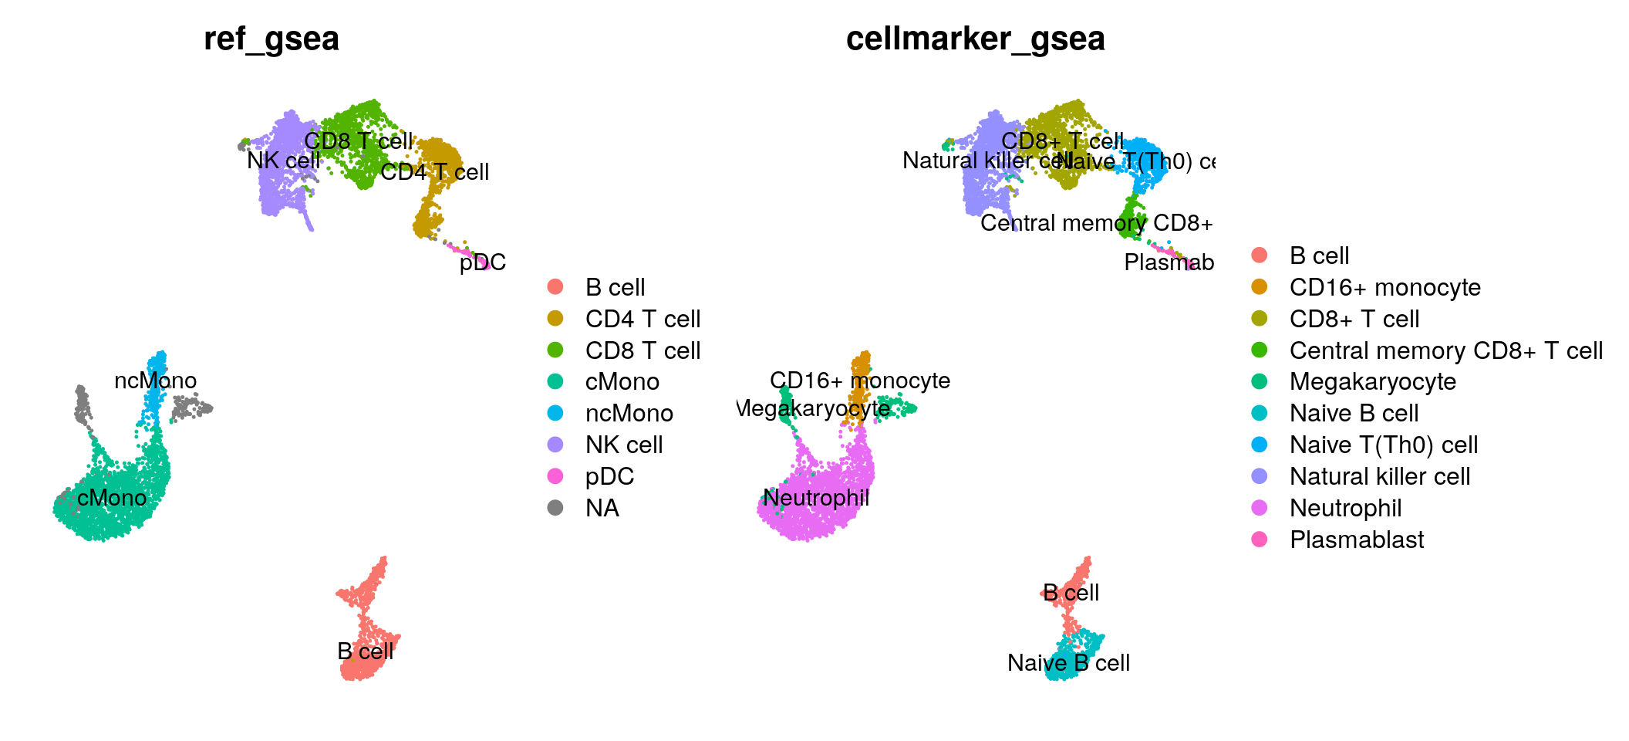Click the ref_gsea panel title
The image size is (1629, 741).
pos(271,39)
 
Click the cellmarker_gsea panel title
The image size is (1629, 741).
pos(975,39)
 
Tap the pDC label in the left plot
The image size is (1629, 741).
pos(482,262)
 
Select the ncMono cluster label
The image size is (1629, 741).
pos(155,381)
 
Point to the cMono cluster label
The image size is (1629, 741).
pos(112,498)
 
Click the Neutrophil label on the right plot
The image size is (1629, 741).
pos(816,498)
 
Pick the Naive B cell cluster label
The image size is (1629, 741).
pos(1068,663)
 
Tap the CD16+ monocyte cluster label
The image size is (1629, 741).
pos(860,381)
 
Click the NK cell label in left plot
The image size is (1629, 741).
pos(283,161)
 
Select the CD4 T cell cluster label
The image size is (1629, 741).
pos(434,172)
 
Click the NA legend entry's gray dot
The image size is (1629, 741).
pos(555,508)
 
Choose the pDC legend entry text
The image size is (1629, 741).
pos(609,476)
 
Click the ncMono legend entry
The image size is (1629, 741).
pos(629,414)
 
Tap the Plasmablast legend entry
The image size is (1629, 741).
pos(1357,540)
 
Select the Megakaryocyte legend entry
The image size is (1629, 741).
pos(1373,382)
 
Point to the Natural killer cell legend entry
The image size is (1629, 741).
pos(1380,476)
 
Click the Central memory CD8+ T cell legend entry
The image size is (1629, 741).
pos(1446,350)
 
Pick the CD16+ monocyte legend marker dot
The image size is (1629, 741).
pos(1260,287)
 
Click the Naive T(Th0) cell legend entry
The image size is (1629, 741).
pos(1384,445)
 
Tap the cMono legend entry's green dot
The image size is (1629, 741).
pos(555,381)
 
